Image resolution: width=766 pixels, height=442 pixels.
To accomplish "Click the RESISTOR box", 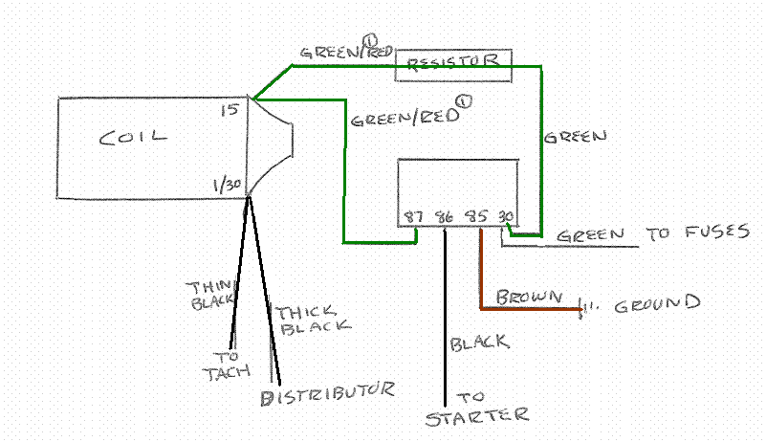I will pyautogui.click(x=453, y=63).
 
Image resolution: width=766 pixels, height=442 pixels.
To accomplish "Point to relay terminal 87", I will pyautogui.click(x=414, y=216).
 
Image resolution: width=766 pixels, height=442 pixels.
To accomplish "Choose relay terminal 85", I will pyautogui.click(x=474, y=216).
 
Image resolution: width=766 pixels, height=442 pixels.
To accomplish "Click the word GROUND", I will pyautogui.click(x=657, y=304).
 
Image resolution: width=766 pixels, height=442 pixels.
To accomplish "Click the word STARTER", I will pyautogui.click(x=476, y=415).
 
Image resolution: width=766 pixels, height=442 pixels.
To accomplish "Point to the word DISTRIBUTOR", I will pyautogui.click(x=327, y=392).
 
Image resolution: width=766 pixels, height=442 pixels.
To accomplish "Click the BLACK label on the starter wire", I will pyautogui.click(x=479, y=342).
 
